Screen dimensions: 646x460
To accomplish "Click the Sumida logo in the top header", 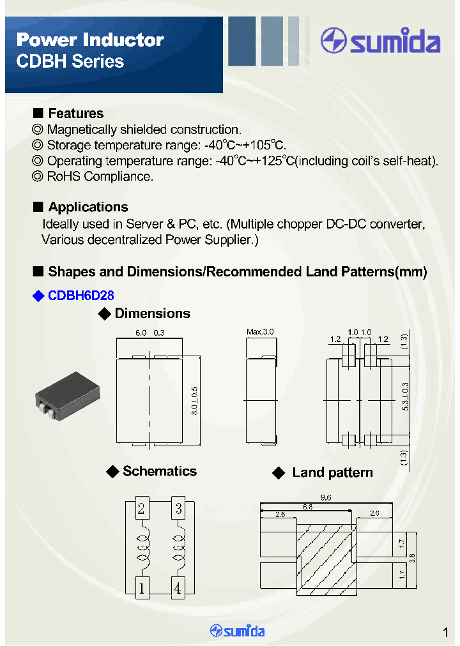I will click(x=381, y=42).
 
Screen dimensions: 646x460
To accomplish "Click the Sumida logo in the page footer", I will click(x=237, y=631).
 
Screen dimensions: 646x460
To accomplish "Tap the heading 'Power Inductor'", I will click(x=90, y=40).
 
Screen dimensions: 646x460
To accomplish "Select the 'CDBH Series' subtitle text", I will click(x=70, y=62).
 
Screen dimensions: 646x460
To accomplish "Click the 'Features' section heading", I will click(x=75, y=114).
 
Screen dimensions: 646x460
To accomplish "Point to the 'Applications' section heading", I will click(x=88, y=207).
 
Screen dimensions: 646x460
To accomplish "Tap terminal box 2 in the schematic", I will click(x=141, y=509).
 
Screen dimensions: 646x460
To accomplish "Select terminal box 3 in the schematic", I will click(x=178, y=509).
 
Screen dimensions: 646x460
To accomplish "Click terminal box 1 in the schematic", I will click(x=141, y=588).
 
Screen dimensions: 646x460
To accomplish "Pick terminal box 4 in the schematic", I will click(x=178, y=588).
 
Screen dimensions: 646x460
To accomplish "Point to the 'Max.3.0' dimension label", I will click(x=260, y=332).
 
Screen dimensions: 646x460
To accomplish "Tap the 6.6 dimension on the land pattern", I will click(x=325, y=507).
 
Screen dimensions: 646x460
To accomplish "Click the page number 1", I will click(x=445, y=633).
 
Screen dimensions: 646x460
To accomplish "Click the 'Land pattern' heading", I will click(x=332, y=473).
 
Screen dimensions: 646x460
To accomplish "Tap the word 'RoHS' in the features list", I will click(x=61, y=177).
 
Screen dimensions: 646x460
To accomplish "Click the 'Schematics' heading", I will click(x=159, y=472).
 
